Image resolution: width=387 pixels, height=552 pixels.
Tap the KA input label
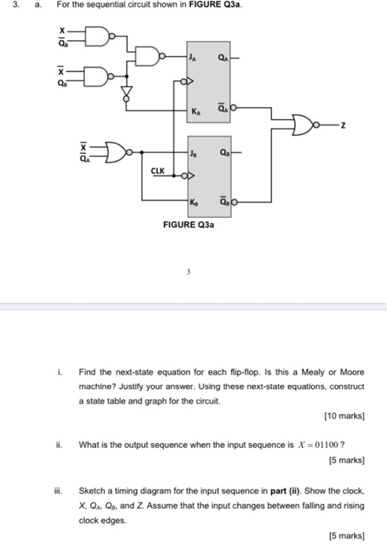(196, 112)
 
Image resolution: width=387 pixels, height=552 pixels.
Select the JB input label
(194, 153)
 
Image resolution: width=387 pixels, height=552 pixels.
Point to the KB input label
(194, 203)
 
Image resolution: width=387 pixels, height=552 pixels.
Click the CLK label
(158, 171)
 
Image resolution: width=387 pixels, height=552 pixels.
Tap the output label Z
(343, 125)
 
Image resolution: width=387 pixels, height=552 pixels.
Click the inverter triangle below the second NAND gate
(126, 92)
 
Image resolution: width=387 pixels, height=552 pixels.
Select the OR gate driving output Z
(302, 125)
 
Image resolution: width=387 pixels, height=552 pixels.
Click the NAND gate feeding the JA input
(147, 56)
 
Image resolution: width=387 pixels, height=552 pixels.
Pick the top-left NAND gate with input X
(97, 36)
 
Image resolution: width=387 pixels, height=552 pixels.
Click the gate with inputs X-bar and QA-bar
(115, 152)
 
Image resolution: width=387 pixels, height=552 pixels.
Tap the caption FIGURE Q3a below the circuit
(188, 225)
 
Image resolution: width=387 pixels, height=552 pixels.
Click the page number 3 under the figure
(188, 271)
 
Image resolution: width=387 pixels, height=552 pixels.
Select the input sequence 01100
(326, 445)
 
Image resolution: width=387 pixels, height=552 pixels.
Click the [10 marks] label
(344, 416)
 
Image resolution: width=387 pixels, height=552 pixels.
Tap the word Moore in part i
(352, 372)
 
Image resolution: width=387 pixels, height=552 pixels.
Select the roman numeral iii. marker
(58, 490)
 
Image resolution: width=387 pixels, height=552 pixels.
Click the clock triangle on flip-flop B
(190, 175)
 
